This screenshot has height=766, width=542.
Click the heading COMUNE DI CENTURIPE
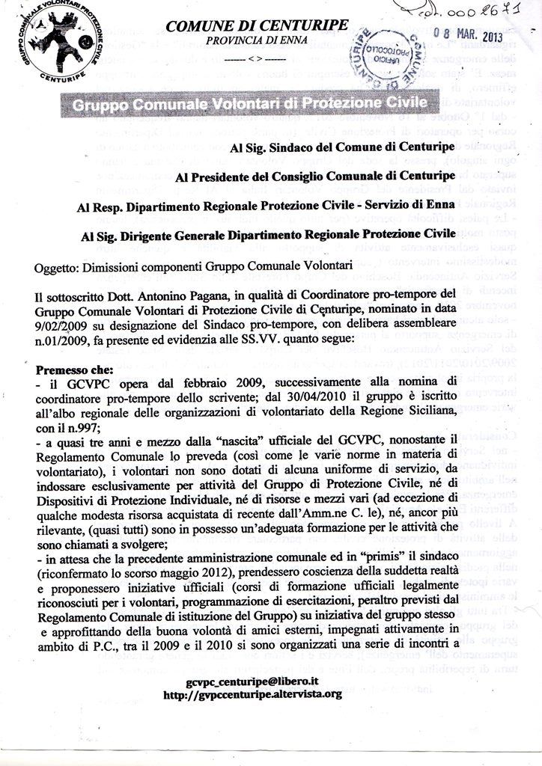tap(257, 26)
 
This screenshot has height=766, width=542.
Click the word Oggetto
tap(56, 264)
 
